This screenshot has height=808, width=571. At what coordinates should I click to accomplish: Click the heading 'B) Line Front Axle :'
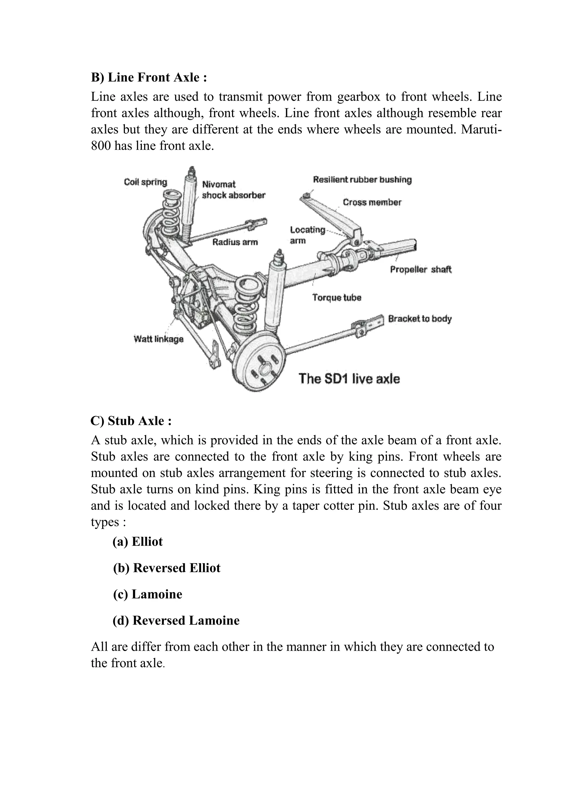pyautogui.click(x=149, y=77)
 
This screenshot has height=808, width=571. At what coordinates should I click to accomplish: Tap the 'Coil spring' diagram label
pyautogui.click(x=145, y=182)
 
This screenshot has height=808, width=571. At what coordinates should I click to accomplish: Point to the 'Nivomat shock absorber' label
pyautogui.click(x=233, y=190)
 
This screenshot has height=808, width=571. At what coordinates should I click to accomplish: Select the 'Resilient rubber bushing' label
pyautogui.click(x=362, y=180)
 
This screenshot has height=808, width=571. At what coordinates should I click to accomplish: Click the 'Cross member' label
pyautogui.click(x=372, y=202)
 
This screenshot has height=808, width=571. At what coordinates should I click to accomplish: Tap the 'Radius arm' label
pyautogui.click(x=235, y=242)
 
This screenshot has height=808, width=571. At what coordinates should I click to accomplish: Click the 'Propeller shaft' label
pyautogui.click(x=420, y=270)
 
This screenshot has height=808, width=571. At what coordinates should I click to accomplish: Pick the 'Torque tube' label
pyautogui.click(x=337, y=298)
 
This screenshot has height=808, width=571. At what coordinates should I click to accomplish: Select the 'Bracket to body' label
pyautogui.click(x=420, y=319)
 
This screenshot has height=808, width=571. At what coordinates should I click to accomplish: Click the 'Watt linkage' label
pyautogui.click(x=159, y=339)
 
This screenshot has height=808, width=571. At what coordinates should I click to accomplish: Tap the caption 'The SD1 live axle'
pyautogui.click(x=349, y=379)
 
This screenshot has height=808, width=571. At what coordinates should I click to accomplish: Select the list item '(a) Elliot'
pyautogui.click(x=137, y=542)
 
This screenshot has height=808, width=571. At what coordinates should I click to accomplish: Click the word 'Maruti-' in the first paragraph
pyautogui.click(x=481, y=129)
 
